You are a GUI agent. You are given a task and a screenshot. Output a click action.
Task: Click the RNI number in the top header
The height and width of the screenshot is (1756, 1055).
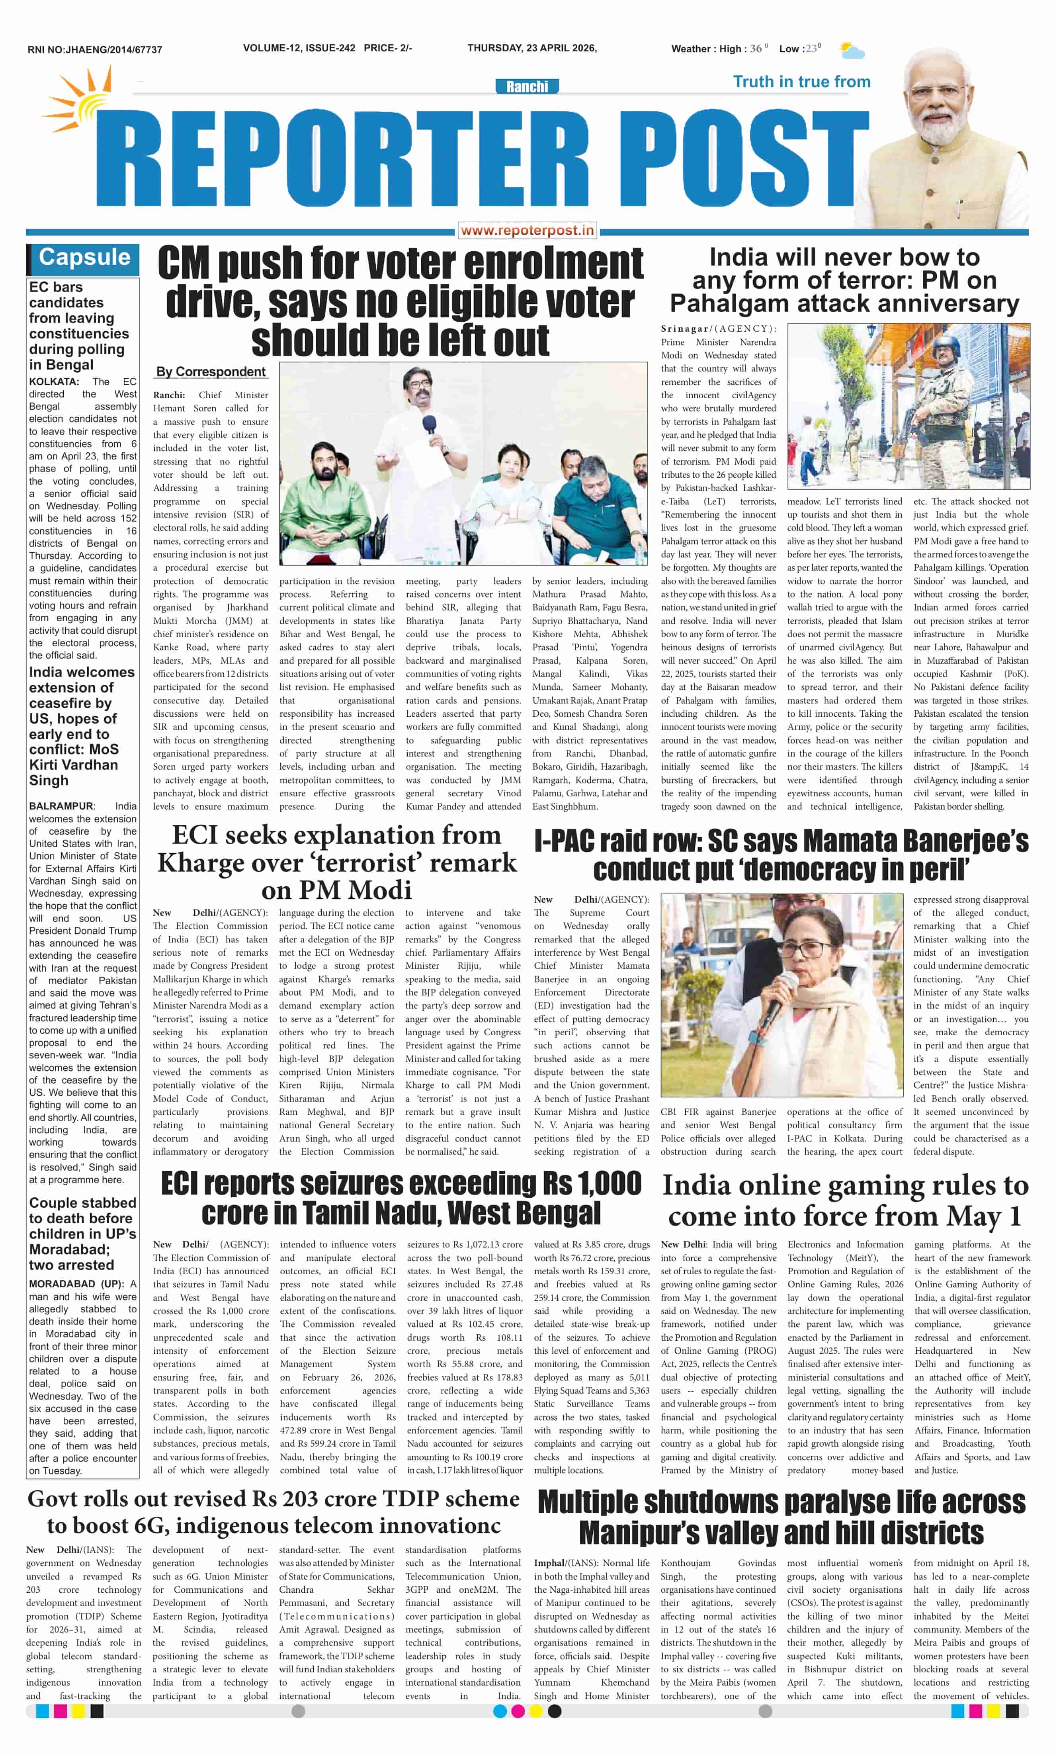pyautogui.click(x=95, y=50)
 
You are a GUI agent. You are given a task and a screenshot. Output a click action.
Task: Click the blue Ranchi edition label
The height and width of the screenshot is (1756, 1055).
pyautogui.click(x=527, y=87)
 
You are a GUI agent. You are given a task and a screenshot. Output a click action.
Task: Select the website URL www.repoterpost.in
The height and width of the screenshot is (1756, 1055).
pyautogui.click(x=527, y=230)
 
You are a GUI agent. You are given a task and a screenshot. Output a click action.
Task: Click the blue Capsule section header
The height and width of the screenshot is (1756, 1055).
pyautogui.click(x=84, y=257)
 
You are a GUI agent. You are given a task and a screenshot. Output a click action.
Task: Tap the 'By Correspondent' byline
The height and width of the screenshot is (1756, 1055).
pyautogui.click(x=211, y=372)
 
